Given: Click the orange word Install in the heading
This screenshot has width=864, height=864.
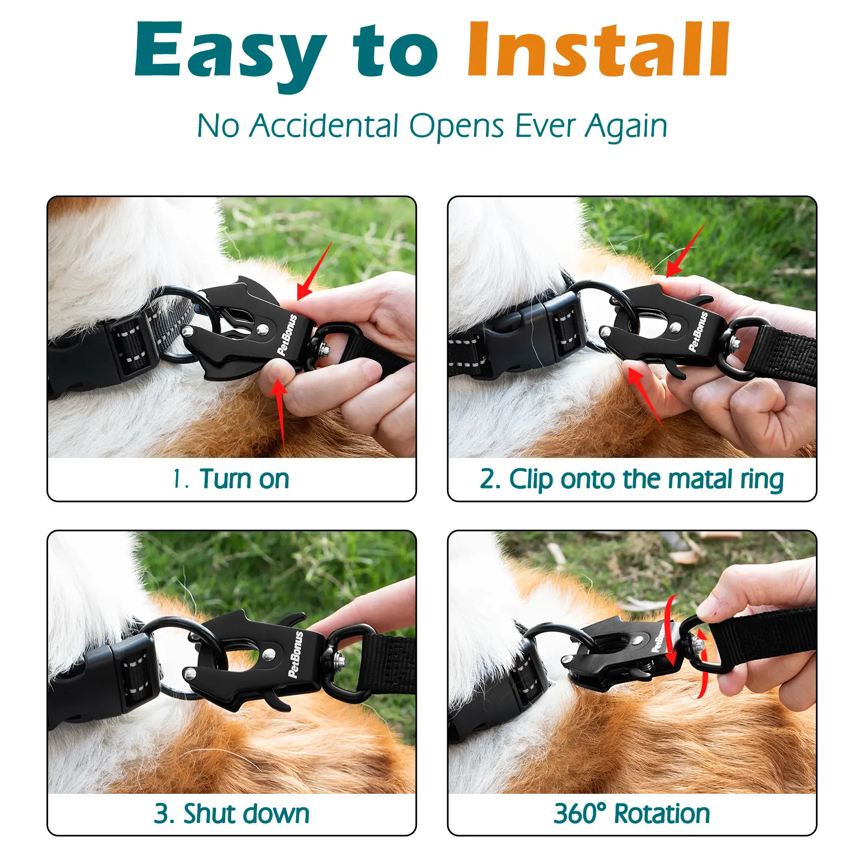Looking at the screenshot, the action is (x=599, y=49).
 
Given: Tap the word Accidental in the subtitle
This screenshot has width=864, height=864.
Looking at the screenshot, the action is (x=324, y=126).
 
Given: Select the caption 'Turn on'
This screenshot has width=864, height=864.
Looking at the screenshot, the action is (x=245, y=479).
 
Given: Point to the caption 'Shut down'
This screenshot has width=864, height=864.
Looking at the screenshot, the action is (x=246, y=814).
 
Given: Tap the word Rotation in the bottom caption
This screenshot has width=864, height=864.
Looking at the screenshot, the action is (x=662, y=814).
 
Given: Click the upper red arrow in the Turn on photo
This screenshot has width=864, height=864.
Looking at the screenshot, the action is (x=314, y=271).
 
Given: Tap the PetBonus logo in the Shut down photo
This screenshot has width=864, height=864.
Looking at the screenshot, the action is (x=295, y=654).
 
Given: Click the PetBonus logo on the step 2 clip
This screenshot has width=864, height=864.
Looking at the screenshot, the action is (x=698, y=332).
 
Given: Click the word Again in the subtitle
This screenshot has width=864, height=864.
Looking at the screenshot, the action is (x=626, y=127).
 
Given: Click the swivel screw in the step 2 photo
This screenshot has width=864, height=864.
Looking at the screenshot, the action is (x=735, y=344).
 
